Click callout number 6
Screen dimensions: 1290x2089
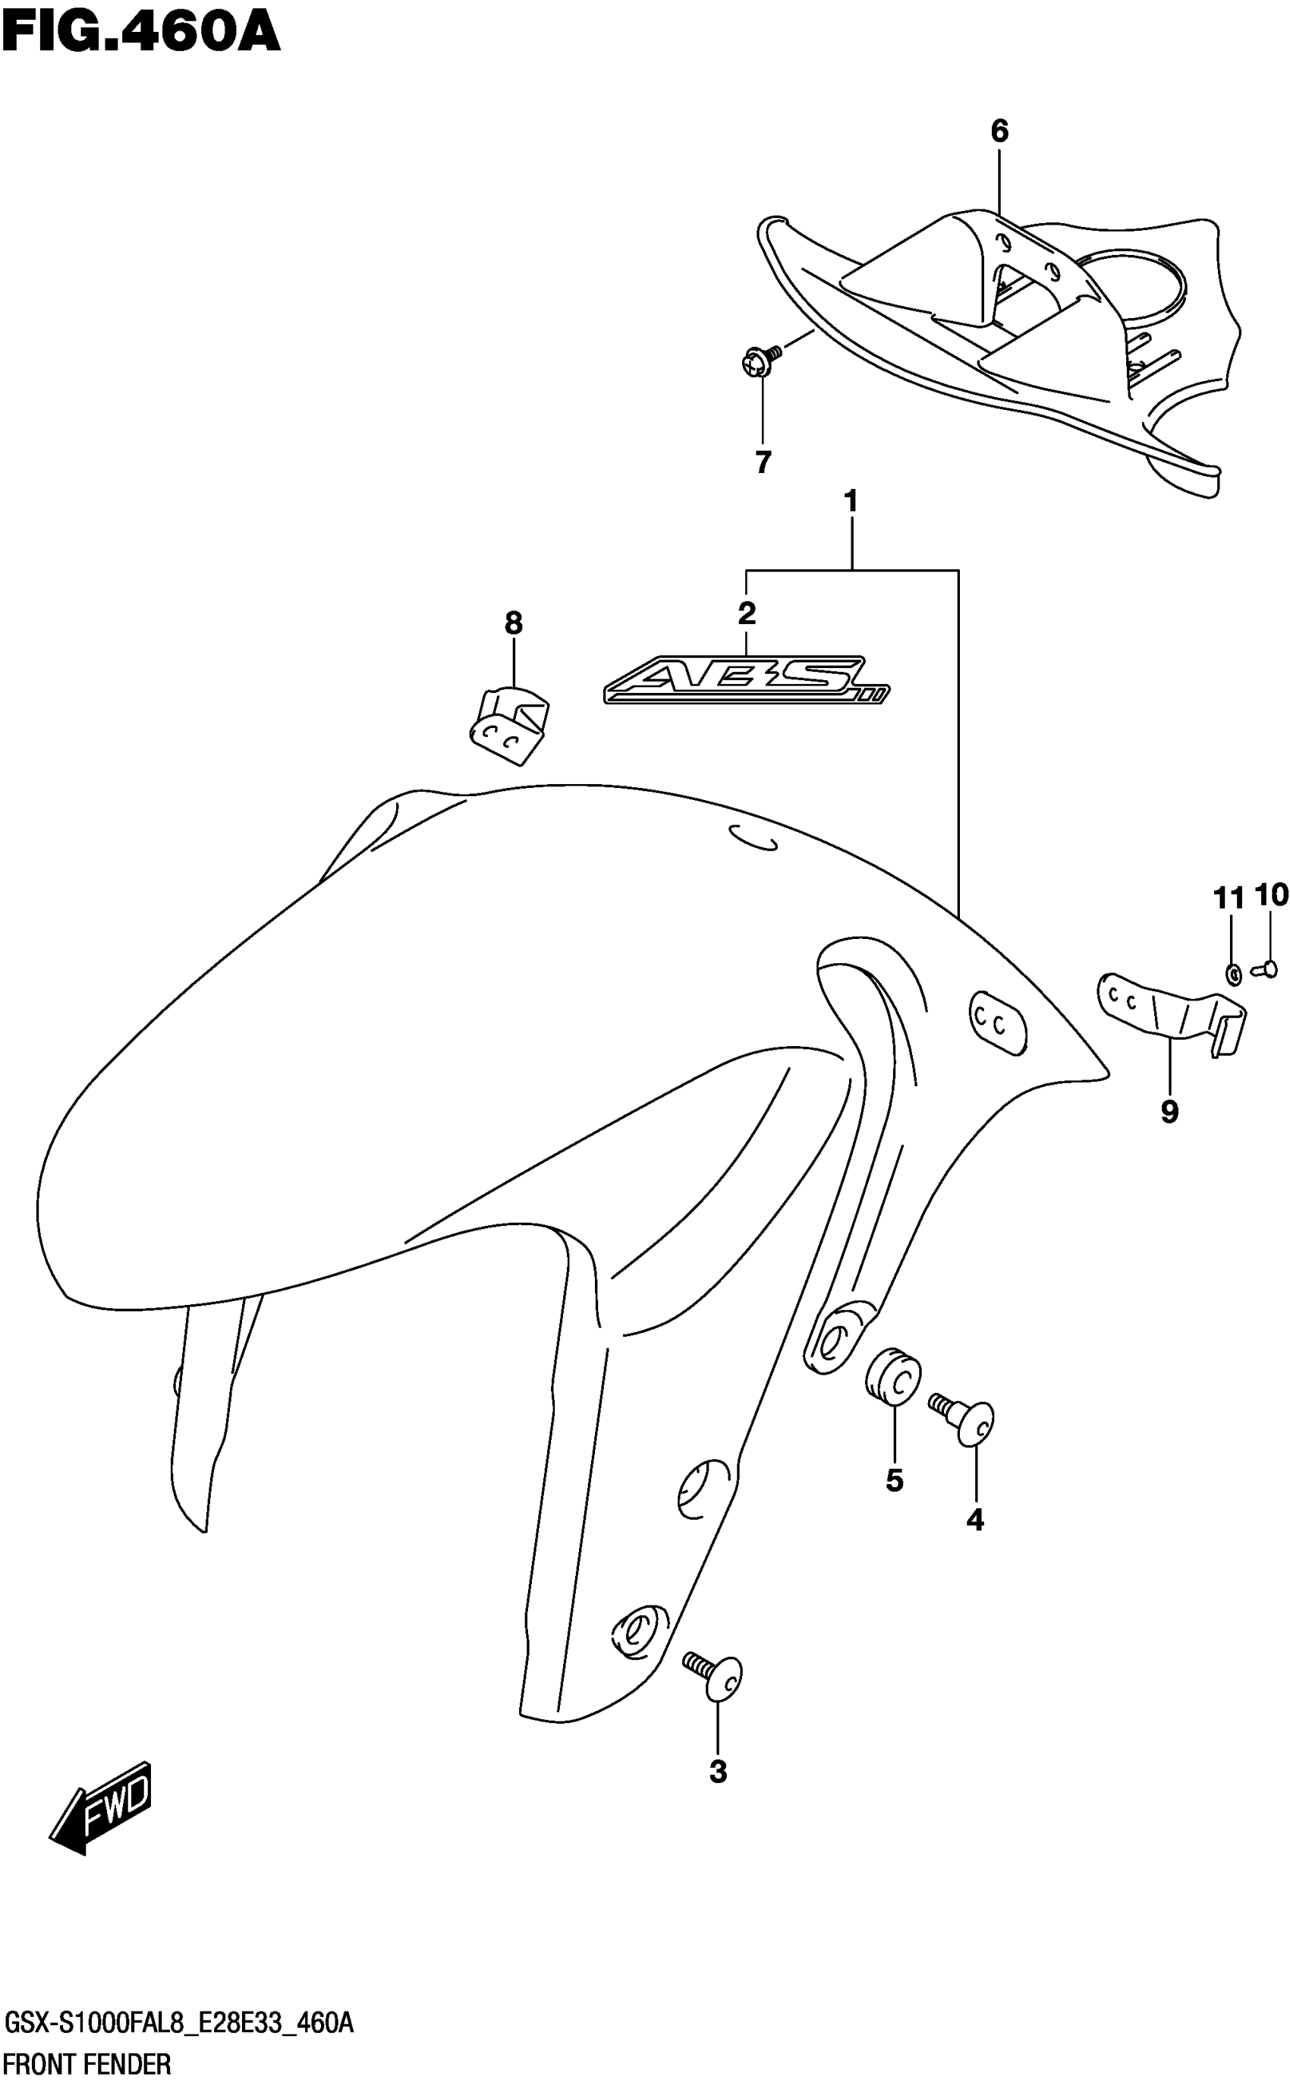pyautogui.click(x=999, y=131)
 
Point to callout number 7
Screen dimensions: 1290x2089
pyautogui.click(x=763, y=462)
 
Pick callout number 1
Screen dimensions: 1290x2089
pyautogui.click(x=850, y=501)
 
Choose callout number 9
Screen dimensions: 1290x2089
pyautogui.click(x=1169, y=1111)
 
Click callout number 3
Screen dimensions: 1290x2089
pyautogui.click(x=718, y=1772)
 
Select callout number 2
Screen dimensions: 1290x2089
pyautogui.click(x=747, y=613)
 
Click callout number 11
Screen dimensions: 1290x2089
pyautogui.click(x=1229, y=898)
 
